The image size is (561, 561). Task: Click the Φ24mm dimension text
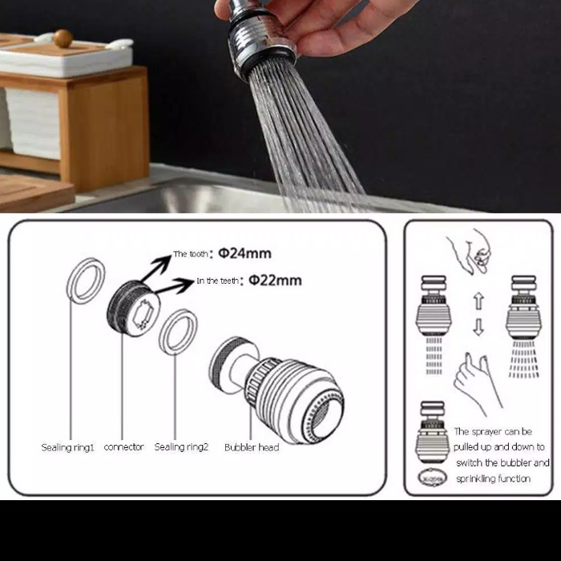244,253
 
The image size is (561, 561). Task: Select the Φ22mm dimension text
275,280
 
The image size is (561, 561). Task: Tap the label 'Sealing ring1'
67,447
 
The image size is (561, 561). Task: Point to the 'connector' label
123,447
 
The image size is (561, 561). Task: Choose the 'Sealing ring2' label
181,447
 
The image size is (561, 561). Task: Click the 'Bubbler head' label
252,447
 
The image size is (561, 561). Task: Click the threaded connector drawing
134,308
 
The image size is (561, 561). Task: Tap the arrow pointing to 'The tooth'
156,268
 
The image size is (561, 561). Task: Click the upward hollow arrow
479,301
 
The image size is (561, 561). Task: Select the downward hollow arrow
478,327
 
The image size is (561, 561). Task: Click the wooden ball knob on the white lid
63,38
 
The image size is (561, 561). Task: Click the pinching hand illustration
470,251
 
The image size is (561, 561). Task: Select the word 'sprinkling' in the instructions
474,478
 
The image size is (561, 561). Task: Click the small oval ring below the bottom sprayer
433,478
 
